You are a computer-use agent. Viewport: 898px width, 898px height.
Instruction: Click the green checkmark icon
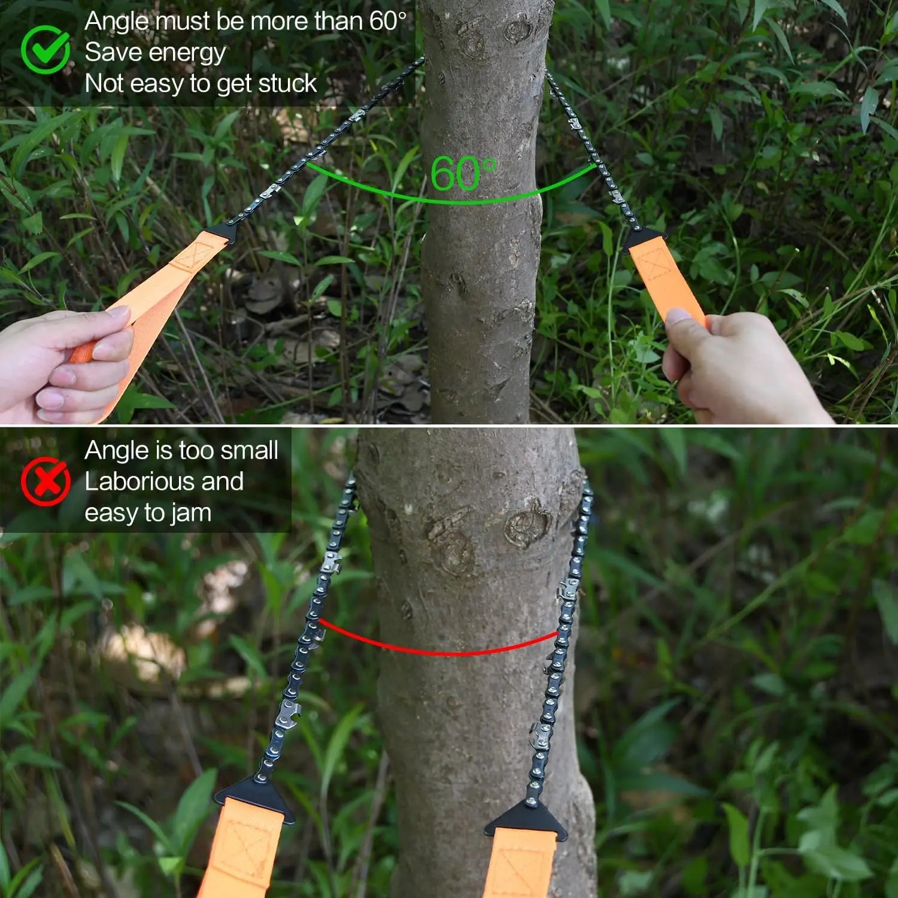(x=45, y=50)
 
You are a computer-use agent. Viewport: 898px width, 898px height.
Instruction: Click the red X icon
(x=45, y=481)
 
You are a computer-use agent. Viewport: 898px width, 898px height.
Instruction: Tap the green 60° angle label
(x=463, y=174)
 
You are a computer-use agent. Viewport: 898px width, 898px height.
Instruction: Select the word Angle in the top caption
(x=117, y=22)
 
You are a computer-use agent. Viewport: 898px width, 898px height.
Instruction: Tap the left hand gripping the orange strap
(x=66, y=365)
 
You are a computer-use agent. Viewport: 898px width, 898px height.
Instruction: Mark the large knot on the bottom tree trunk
(x=527, y=527)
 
